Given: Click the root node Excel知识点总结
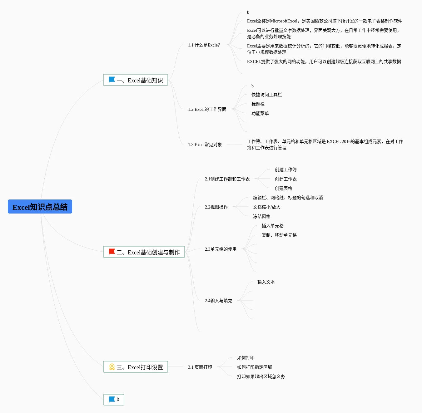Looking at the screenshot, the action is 40,207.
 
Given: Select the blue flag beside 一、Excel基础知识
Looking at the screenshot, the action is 112,80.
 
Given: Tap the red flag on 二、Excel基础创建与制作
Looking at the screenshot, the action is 112,252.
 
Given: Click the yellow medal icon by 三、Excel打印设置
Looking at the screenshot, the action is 112,367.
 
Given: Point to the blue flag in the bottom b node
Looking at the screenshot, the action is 112,399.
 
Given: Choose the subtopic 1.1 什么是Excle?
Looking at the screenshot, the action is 204,45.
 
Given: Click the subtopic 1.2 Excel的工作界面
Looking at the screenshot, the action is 207,109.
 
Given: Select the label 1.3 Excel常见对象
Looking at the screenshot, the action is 205,145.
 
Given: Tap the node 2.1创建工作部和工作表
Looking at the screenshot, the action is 227,179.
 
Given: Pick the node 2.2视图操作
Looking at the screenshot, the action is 216,207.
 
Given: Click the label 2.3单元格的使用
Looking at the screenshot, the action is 221,249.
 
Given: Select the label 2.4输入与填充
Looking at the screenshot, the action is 218,301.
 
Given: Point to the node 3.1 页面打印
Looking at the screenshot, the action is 200,367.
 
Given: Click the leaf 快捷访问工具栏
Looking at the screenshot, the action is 266,95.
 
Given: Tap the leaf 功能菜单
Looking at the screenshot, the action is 260,113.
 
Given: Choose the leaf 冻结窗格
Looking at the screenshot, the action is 261,216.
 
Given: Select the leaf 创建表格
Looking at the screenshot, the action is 283,188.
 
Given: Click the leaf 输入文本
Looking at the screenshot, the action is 266,282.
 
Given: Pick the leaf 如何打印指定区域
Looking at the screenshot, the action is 254,367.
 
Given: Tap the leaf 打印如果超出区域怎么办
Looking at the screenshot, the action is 261,376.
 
